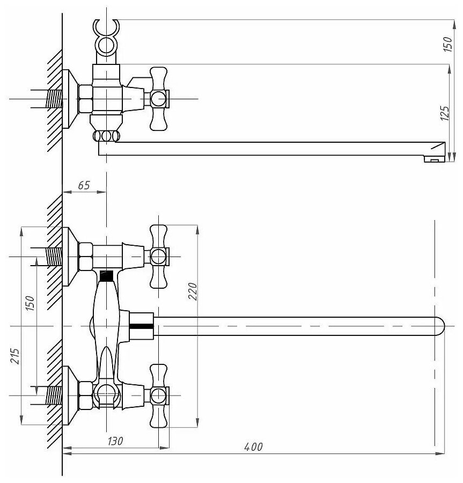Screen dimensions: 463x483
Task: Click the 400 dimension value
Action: pyautogui.click(x=253, y=447)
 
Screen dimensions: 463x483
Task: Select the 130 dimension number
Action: pyautogui.click(x=115, y=441)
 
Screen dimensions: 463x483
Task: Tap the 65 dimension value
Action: pyautogui.click(x=84, y=186)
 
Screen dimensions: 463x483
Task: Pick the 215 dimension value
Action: pyautogui.click(x=16, y=356)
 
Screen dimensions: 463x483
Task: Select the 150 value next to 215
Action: pyautogui.click(x=30, y=304)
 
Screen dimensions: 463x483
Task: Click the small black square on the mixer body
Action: pyautogui.click(x=107, y=276)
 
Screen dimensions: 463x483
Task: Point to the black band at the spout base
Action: pyautogui.click(x=142, y=326)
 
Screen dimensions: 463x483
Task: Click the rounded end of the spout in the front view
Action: pyautogui.click(x=438, y=326)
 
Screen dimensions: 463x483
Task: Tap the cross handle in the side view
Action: pyautogui.click(x=159, y=99)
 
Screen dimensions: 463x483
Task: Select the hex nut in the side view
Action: pyautogui.click(x=85, y=99)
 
